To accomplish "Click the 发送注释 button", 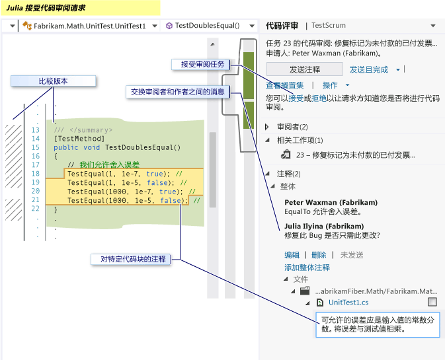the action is pyautogui.click(x=305, y=69).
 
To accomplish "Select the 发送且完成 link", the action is pyautogui.click(x=369, y=69).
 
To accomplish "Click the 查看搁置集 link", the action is pyautogui.click(x=284, y=85).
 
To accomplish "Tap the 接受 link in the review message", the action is pyautogui.click(x=296, y=98).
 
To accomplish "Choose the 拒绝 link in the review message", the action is pyautogui.click(x=319, y=98).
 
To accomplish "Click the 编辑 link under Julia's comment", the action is pyautogui.click(x=292, y=255).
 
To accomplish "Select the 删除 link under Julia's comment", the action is pyautogui.click(x=319, y=255).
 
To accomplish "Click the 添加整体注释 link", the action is pyautogui.click(x=307, y=268).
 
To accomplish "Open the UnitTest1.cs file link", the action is pyautogui.click(x=348, y=303).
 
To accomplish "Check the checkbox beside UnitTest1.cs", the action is pyautogui.click(x=432, y=302).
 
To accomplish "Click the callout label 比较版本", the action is pyautogui.click(x=54, y=81).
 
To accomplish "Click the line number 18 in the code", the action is pyautogui.click(x=36, y=174).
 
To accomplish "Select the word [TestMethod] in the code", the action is pyautogui.click(x=79, y=139).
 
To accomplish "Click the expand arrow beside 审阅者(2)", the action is pyautogui.click(x=266, y=127).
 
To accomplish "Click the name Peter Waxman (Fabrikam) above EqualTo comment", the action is pyautogui.click(x=331, y=202).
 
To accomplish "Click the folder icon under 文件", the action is pyautogui.click(x=305, y=291).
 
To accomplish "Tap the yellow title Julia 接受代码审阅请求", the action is pyautogui.click(x=46, y=8).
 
